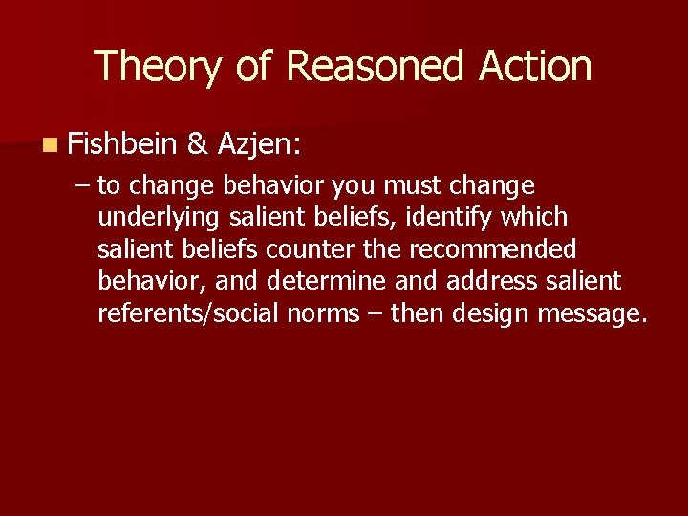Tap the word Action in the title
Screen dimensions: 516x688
pos(536,67)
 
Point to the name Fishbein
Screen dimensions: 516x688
pos(122,144)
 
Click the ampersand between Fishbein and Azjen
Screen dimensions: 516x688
pos(198,144)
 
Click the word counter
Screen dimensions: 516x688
pos(311,248)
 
